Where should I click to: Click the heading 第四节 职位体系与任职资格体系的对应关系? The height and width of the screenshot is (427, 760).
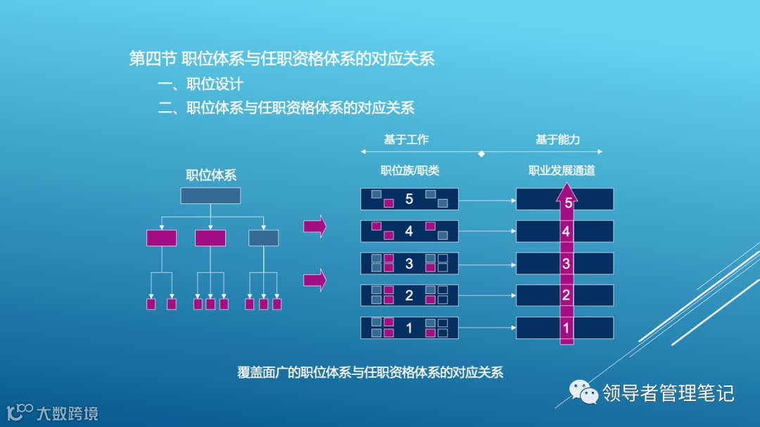[281, 58]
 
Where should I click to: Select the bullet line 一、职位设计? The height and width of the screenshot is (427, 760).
[201, 84]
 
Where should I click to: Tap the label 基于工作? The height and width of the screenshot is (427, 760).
[406, 140]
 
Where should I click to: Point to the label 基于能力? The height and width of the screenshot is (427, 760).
[557, 140]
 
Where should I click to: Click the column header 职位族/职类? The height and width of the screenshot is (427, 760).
[410, 171]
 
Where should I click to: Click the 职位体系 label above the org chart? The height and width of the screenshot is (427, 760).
[210, 176]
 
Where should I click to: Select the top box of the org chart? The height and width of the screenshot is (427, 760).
[210, 196]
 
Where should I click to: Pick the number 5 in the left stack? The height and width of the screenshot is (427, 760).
[410, 199]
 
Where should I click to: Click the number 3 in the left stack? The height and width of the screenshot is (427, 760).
[410, 264]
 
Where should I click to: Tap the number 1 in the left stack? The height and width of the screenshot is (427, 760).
[410, 328]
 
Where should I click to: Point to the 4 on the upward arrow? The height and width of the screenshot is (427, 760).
[566, 231]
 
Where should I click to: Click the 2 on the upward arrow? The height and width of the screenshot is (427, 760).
[566, 295]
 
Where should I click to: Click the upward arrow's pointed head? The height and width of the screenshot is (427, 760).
[567, 188]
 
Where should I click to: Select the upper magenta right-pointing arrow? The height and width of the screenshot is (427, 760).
[315, 226]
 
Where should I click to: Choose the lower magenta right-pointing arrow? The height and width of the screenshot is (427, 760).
[315, 280]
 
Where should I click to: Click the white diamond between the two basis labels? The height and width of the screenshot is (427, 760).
[481, 153]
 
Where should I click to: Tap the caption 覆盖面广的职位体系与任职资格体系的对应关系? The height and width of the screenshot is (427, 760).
[370, 373]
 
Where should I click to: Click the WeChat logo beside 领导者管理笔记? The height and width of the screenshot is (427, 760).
[581, 392]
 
